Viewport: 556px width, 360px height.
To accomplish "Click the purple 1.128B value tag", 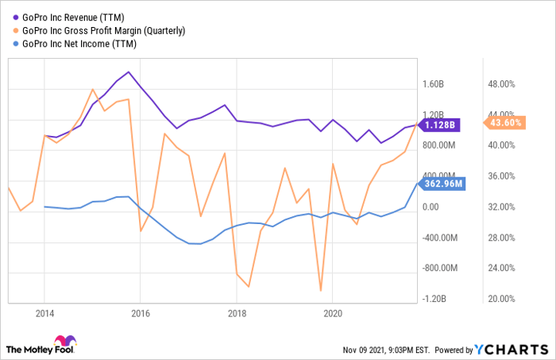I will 438,124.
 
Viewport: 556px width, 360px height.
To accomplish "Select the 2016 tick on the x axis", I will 140,313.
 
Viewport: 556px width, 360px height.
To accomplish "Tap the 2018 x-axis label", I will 237,313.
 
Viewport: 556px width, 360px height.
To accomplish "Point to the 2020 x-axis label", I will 334,313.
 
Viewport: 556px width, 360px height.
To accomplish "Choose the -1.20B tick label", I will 435,299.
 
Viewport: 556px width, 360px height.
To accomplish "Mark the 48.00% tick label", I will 500,84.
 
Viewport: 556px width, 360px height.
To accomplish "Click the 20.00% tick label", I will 500,299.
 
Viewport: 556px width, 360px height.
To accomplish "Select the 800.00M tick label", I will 438,145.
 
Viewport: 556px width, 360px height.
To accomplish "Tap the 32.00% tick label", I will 500,207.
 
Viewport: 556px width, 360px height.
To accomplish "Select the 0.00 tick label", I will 429,207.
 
